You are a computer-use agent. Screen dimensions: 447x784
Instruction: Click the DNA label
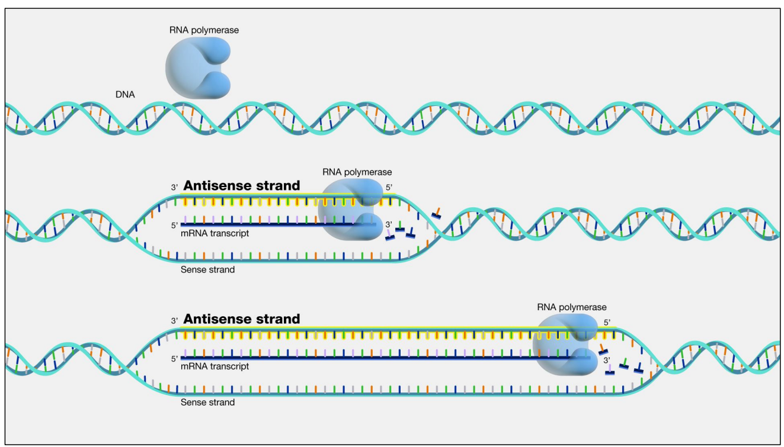125,94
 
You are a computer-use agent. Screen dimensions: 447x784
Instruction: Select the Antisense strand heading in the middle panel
242,185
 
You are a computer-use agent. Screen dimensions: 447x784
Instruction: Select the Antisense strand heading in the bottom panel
242,319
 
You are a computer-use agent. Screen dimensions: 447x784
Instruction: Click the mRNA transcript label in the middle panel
215,233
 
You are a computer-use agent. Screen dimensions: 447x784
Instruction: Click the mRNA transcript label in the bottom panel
215,366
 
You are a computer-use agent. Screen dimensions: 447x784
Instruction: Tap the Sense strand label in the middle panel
207,269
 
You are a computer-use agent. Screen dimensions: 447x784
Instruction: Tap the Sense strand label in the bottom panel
207,403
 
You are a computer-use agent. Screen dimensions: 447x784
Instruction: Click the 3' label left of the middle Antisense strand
174,187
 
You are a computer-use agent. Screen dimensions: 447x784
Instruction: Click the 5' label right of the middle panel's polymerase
389,187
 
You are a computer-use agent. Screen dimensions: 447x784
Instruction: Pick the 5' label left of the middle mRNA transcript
174,225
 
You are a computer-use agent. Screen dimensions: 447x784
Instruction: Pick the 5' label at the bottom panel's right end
607,323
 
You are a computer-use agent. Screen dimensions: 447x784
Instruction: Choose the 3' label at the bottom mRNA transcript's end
607,359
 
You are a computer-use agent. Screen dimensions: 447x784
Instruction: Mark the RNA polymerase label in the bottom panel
571,307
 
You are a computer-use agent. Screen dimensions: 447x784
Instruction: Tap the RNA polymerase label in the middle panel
357,172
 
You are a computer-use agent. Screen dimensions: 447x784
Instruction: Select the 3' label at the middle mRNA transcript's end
389,224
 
